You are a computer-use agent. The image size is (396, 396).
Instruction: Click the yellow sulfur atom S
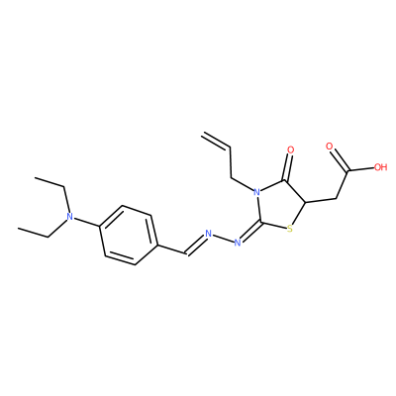tap(289, 229)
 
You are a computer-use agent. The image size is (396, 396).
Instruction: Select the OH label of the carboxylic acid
tap(380, 167)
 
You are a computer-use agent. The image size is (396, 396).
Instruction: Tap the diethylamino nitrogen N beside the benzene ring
tap(69, 217)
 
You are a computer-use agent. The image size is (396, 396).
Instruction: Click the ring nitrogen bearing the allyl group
tap(255, 192)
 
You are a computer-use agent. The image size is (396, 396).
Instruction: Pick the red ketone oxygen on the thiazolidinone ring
tap(290, 150)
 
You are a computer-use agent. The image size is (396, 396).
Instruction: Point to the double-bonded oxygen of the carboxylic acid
tap(329, 147)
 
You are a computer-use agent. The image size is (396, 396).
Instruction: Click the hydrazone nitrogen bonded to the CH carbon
tap(208, 234)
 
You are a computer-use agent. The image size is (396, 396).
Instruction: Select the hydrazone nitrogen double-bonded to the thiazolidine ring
tap(237, 244)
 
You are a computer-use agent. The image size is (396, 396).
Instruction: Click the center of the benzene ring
tap(128, 236)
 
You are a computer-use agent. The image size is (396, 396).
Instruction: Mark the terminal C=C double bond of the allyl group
tap(216, 140)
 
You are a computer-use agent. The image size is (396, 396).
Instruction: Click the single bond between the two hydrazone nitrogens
tap(223, 239)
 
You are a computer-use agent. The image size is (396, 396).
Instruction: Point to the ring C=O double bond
tap(288, 168)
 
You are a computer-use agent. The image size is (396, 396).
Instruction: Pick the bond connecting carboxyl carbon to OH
tap(360, 169)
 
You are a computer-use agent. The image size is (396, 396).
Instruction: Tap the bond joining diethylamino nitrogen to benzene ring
tap(86, 223)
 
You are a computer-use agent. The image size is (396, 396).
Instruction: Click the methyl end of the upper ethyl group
tap(36, 177)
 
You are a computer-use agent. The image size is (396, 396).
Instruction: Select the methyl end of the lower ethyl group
tap(19, 228)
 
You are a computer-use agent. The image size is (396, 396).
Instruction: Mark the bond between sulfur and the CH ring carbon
tap(299, 213)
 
